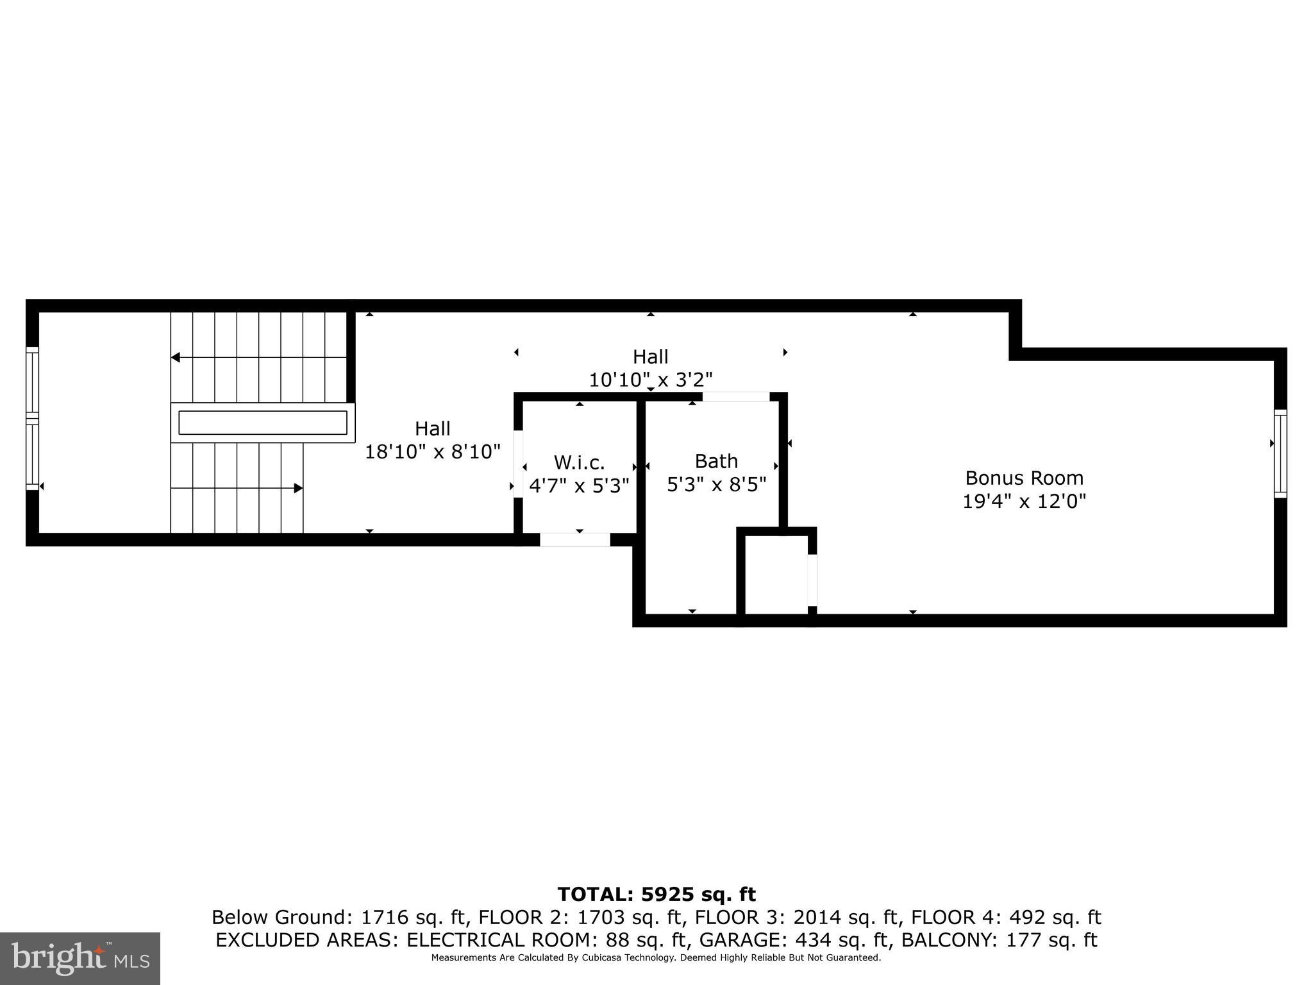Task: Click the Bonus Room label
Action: [x=1024, y=478]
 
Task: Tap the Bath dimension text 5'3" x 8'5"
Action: [x=716, y=485]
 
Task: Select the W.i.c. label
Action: [x=579, y=462]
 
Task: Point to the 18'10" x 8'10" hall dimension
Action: [x=432, y=452]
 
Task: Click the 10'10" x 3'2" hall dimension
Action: [x=650, y=380]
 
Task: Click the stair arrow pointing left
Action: [x=176, y=357]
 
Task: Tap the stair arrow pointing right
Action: [x=297, y=488]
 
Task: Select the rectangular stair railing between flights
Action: [x=262, y=423]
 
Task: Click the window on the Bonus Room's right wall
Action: [x=1280, y=453]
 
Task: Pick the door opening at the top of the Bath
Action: [x=735, y=397]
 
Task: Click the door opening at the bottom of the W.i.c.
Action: [x=574, y=540]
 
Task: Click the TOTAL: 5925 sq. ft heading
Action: [x=656, y=895]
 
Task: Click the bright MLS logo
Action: [x=80, y=959]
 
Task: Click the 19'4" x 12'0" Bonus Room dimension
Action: [x=1024, y=501]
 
